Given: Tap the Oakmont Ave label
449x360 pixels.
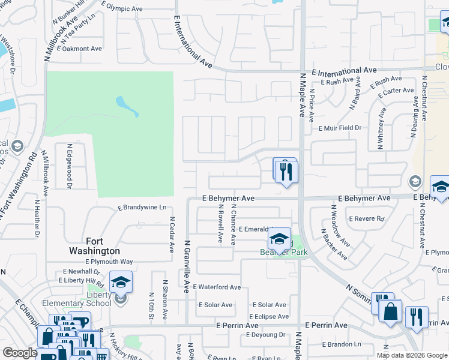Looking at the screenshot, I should click(82, 49).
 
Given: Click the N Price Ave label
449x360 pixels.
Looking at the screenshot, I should click(312, 106).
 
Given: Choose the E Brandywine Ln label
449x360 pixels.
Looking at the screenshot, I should click(142, 208).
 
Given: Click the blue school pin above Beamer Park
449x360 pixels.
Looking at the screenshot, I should click(279, 239).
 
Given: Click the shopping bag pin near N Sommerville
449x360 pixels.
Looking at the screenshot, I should click(390, 311).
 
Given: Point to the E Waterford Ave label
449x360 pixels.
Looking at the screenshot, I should click(216, 287).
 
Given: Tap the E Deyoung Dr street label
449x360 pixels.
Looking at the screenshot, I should click(265, 335).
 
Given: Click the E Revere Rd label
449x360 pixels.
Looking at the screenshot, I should click(366, 219).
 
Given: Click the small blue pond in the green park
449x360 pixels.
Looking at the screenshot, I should click(127, 106).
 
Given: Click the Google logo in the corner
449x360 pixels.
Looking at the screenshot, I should click(20, 353).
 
